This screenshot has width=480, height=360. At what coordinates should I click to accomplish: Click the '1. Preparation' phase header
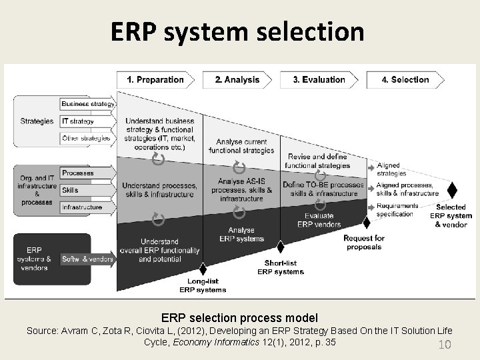[x=155, y=80]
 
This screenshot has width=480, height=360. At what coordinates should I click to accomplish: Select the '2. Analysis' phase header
[x=237, y=80]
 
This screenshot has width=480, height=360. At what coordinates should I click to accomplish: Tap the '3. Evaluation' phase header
[x=319, y=80]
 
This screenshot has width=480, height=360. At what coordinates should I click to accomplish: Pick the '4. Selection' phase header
[x=405, y=80]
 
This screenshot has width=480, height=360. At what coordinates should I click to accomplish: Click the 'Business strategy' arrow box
[x=87, y=104]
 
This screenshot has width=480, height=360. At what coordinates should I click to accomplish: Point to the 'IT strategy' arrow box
[x=79, y=121]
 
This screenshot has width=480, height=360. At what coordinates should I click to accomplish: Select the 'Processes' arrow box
[x=79, y=173]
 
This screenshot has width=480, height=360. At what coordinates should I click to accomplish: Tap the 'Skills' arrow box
[x=71, y=190]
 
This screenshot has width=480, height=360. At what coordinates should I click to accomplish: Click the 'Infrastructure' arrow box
[x=82, y=207]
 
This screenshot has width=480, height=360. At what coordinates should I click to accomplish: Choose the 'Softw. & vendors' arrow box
[x=87, y=259]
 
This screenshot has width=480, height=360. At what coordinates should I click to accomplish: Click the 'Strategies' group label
[x=37, y=121]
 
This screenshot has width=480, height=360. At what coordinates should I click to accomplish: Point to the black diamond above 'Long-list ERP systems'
[x=203, y=269]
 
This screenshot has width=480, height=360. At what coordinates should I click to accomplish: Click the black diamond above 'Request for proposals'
[x=365, y=223]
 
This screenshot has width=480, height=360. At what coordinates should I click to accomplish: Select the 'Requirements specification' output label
[x=397, y=210]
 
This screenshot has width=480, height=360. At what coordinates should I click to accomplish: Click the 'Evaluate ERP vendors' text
[x=319, y=220]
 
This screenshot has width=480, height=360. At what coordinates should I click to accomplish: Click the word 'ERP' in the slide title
[x=136, y=31]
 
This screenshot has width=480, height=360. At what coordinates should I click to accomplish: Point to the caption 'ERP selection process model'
[x=239, y=318]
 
